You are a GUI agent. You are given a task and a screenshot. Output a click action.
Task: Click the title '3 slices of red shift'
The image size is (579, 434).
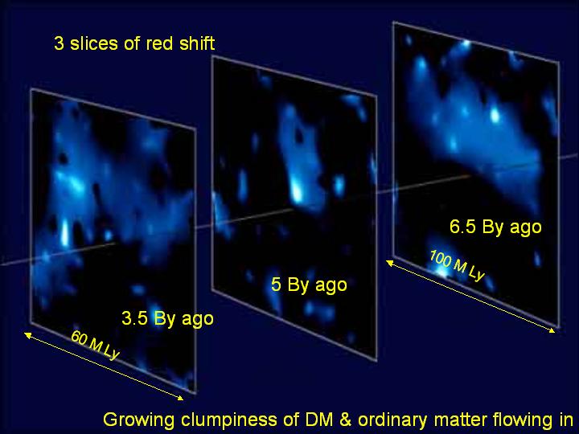(134, 43)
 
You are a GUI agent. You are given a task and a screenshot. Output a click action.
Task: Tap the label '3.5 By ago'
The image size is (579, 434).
(167, 319)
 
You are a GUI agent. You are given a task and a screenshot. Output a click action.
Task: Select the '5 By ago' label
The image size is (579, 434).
(309, 285)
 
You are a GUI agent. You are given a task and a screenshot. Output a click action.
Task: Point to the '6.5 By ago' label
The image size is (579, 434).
(495, 227)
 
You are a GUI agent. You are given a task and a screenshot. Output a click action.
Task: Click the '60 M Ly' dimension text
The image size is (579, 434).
(95, 345)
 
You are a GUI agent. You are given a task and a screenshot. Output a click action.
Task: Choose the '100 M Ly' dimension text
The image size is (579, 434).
(457, 265)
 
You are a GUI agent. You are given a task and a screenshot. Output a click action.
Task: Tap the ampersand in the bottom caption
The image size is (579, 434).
(344, 420)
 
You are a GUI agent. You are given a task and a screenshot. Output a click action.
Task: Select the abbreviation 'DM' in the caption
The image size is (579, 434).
(317, 420)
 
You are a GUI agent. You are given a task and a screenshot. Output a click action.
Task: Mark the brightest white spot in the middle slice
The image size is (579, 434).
(296, 191)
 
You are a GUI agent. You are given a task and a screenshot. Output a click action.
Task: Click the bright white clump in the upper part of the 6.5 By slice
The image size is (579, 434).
(495, 116)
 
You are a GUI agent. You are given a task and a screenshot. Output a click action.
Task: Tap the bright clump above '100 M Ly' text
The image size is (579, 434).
(441, 272)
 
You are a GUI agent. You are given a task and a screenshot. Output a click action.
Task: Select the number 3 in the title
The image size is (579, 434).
(59, 43)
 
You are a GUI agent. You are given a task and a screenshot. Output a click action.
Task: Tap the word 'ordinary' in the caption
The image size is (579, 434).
(393, 420)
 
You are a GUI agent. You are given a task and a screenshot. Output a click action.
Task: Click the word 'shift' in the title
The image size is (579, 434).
(197, 43)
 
